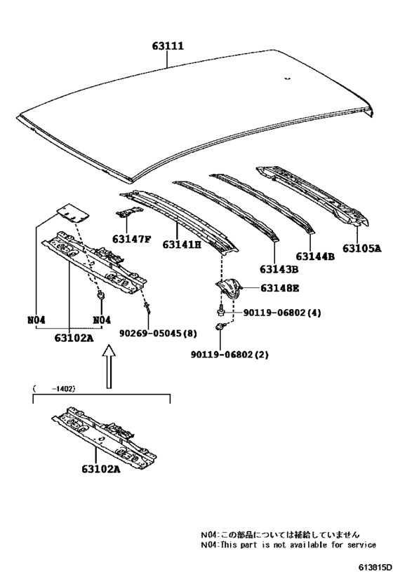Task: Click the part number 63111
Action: click(168, 46)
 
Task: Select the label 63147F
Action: click(132, 240)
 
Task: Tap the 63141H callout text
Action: click(182, 244)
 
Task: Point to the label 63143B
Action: click(279, 269)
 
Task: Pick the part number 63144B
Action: click(315, 257)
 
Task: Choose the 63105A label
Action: click(362, 248)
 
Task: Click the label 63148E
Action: click(279, 289)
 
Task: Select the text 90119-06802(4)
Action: click(282, 313)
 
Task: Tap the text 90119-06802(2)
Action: click(229, 355)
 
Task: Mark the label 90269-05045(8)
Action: click(158, 333)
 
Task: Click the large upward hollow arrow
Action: click(109, 366)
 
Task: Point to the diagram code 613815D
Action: click(375, 568)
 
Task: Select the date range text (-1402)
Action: click(54, 389)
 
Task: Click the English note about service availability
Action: click(288, 545)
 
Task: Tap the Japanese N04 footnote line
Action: click(280, 535)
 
